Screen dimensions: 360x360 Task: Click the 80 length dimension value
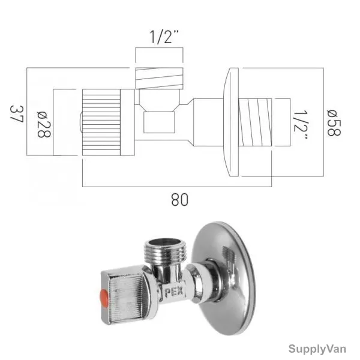pyautogui.click(x=179, y=200)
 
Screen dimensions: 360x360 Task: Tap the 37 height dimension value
pyautogui.click(x=17, y=114)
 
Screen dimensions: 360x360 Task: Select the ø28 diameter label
pyautogui.click(x=44, y=124)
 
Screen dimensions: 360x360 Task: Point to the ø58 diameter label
pyautogui.click(x=334, y=123)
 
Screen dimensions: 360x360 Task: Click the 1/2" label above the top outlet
pyautogui.click(x=164, y=37)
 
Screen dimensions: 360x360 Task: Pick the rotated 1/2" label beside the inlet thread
pyautogui.click(x=301, y=125)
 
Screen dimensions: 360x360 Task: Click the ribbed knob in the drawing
pyautogui.click(x=101, y=122)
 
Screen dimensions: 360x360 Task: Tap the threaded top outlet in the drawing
pyautogui.click(x=160, y=78)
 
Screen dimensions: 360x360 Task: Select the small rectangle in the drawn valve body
pyautogui.click(x=159, y=122)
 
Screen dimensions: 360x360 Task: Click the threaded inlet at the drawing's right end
pyautogui.click(x=255, y=122)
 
